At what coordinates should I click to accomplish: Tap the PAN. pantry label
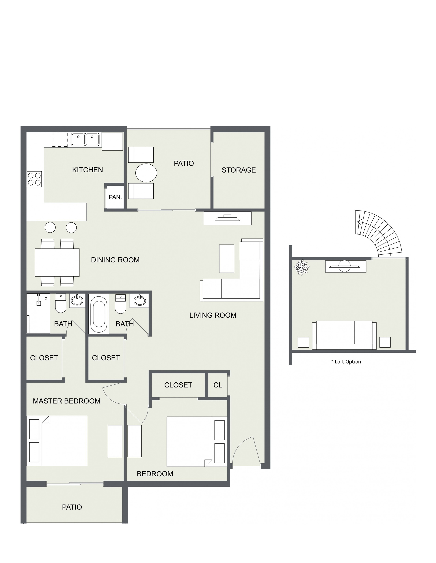(115, 197)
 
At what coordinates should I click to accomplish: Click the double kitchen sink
(85, 139)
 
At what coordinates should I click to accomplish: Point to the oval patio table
(146, 173)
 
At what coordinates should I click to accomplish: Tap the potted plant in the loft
(302, 267)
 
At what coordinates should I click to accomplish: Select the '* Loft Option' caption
(346, 362)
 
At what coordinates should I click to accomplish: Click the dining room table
(57, 262)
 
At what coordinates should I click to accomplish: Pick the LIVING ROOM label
(213, 315)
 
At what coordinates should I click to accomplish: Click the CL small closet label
(218, 385)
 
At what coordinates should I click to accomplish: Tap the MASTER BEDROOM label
(66, 401)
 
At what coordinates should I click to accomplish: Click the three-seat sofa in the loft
(344, 335)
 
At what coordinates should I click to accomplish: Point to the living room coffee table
(227, 259)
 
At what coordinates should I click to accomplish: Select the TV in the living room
(228, 218)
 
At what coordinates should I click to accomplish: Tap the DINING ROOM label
(115, 260)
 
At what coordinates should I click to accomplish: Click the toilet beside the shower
(61, 303)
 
